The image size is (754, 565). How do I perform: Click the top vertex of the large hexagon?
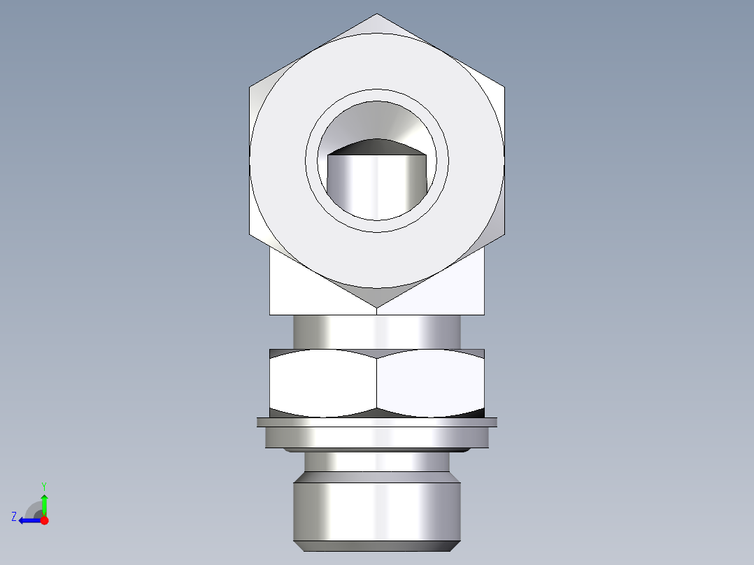[377, 15]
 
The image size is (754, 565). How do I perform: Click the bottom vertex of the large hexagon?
[377, 307]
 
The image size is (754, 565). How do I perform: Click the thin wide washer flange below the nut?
[377, 422]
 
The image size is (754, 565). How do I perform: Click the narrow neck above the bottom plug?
[377, 461]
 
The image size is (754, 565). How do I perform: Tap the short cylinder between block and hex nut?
[377, 331]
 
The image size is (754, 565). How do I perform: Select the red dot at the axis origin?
[44, 520]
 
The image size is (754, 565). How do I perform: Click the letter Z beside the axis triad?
[14, 517]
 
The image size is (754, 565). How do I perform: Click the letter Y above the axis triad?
[44, 485]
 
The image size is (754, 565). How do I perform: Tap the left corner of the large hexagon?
[250, 160]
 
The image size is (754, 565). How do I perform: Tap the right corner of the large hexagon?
[504, 160]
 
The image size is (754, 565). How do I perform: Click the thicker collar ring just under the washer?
[377, 438]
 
